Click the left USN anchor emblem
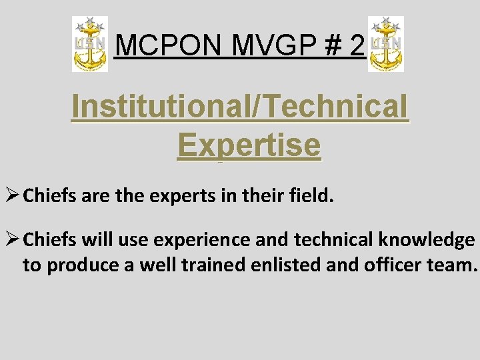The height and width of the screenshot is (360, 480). (90, 45)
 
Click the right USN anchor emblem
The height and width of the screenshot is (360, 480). (386, 45)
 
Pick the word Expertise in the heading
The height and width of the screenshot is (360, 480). (249, 145)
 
